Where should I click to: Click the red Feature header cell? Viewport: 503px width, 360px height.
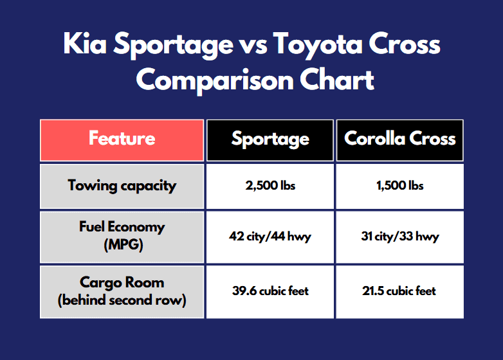[x=122, y=139]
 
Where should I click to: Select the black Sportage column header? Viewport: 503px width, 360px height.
[x=270, y=139]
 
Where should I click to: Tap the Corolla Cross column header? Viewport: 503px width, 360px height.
[x=400, y=139]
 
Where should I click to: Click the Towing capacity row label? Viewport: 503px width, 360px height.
[x=122, y=186]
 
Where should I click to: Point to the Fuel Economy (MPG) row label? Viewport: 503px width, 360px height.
[x=122, y=236]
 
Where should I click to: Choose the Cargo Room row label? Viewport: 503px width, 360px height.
[x=122, y=291]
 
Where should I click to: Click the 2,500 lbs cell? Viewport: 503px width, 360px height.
[x=270, y=186]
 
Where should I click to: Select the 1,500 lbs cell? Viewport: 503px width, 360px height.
[x=400, y=186]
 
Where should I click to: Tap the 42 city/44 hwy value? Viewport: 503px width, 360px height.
[x=270, y=237]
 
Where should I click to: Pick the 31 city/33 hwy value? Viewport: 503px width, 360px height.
[x=400, y=237]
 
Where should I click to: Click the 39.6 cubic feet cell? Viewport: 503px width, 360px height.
[x=270, y=291]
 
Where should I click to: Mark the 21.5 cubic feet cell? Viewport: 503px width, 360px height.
[x=400, y=291]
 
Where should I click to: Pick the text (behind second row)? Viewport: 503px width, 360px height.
[x=122, y=300]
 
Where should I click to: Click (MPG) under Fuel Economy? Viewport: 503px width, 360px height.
[x=122, y=245]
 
